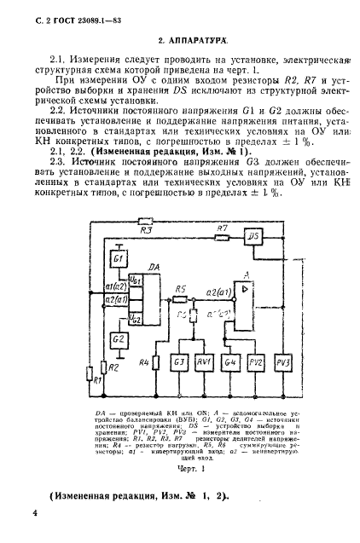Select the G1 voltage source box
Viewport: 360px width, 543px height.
coord(119,257)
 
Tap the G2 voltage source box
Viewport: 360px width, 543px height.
coord(119,338)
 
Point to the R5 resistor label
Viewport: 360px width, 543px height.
coord(180,289)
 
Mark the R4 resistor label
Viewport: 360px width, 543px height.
coord(144,363)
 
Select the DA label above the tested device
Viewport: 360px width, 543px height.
coord(154,268)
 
